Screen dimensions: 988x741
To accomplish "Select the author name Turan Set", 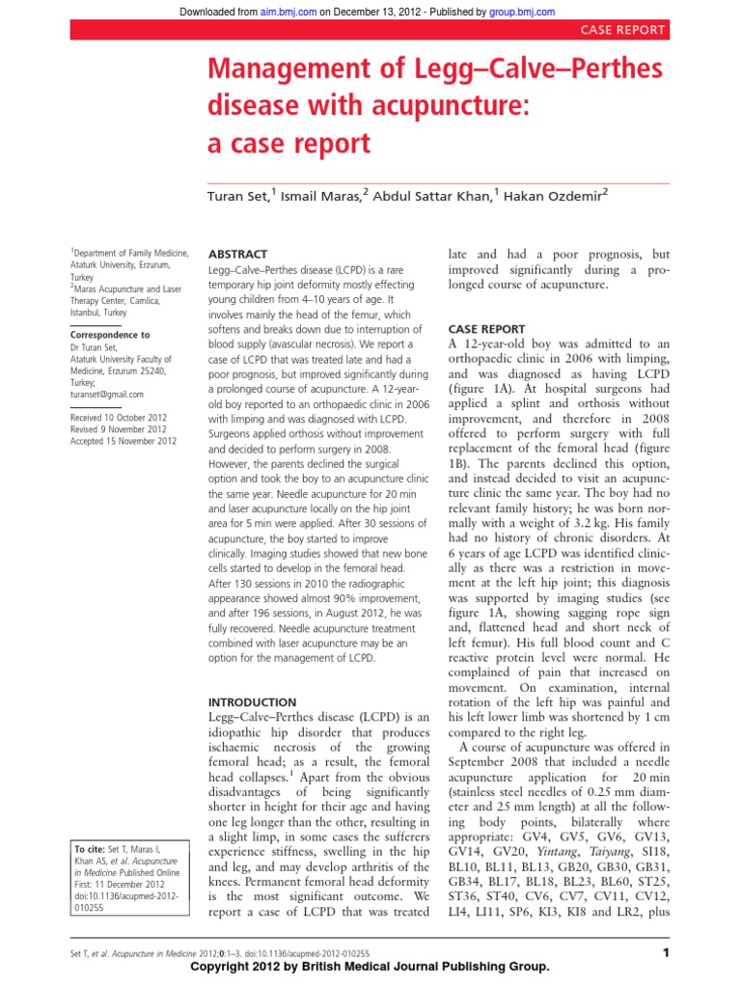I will pyautogui.click(x=237, y=197).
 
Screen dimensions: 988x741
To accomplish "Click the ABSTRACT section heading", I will pyautogui.click(x=236, y=253).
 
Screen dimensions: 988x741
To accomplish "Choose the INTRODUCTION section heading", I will pyautogui.click(x=253, y=701).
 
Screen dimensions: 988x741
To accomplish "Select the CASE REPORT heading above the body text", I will pyautogui.click(x=487, y=328).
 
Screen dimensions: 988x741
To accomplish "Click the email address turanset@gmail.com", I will pyautogui.click(x=107, y=394).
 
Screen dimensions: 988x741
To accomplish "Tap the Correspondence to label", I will pyautogui.click(x=109, y=335).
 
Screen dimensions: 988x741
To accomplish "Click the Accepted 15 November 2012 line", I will pyautogui.click(x=123, y=441).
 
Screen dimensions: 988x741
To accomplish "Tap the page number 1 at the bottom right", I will pyautogui.click(x=665, y=953).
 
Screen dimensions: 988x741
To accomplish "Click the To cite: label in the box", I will pyautogui.click(x=95, y=849).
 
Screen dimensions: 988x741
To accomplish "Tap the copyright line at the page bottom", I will pyautogui.click(x=370, y=967).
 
